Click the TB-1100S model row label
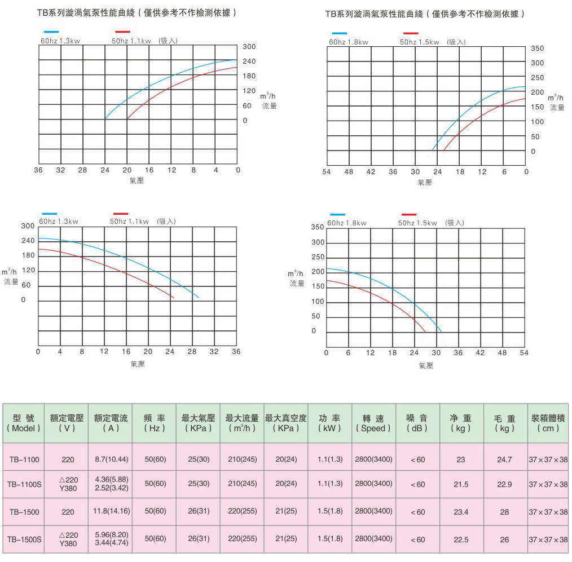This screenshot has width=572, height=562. click(24, 484)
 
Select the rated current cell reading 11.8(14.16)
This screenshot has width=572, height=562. click(111, 511)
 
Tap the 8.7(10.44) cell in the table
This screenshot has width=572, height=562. click(111, 459)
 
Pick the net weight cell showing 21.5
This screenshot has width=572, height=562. click(461, 484)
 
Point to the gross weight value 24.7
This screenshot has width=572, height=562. click(504, 459)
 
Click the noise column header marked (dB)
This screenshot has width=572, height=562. click(417, 423)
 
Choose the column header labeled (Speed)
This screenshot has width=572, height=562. click(373, 423)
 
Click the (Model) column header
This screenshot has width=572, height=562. click(24, 423)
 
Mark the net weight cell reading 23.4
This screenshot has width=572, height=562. click(461, 512)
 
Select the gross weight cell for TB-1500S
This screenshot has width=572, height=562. click(504, 539)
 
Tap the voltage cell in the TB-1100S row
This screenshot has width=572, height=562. click(68, 484)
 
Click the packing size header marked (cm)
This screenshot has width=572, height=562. click(548, 423)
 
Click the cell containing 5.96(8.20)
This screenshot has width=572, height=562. click(111, 534)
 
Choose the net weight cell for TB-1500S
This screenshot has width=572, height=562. click(461, 539)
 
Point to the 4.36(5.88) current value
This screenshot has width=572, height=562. click(111, 479)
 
